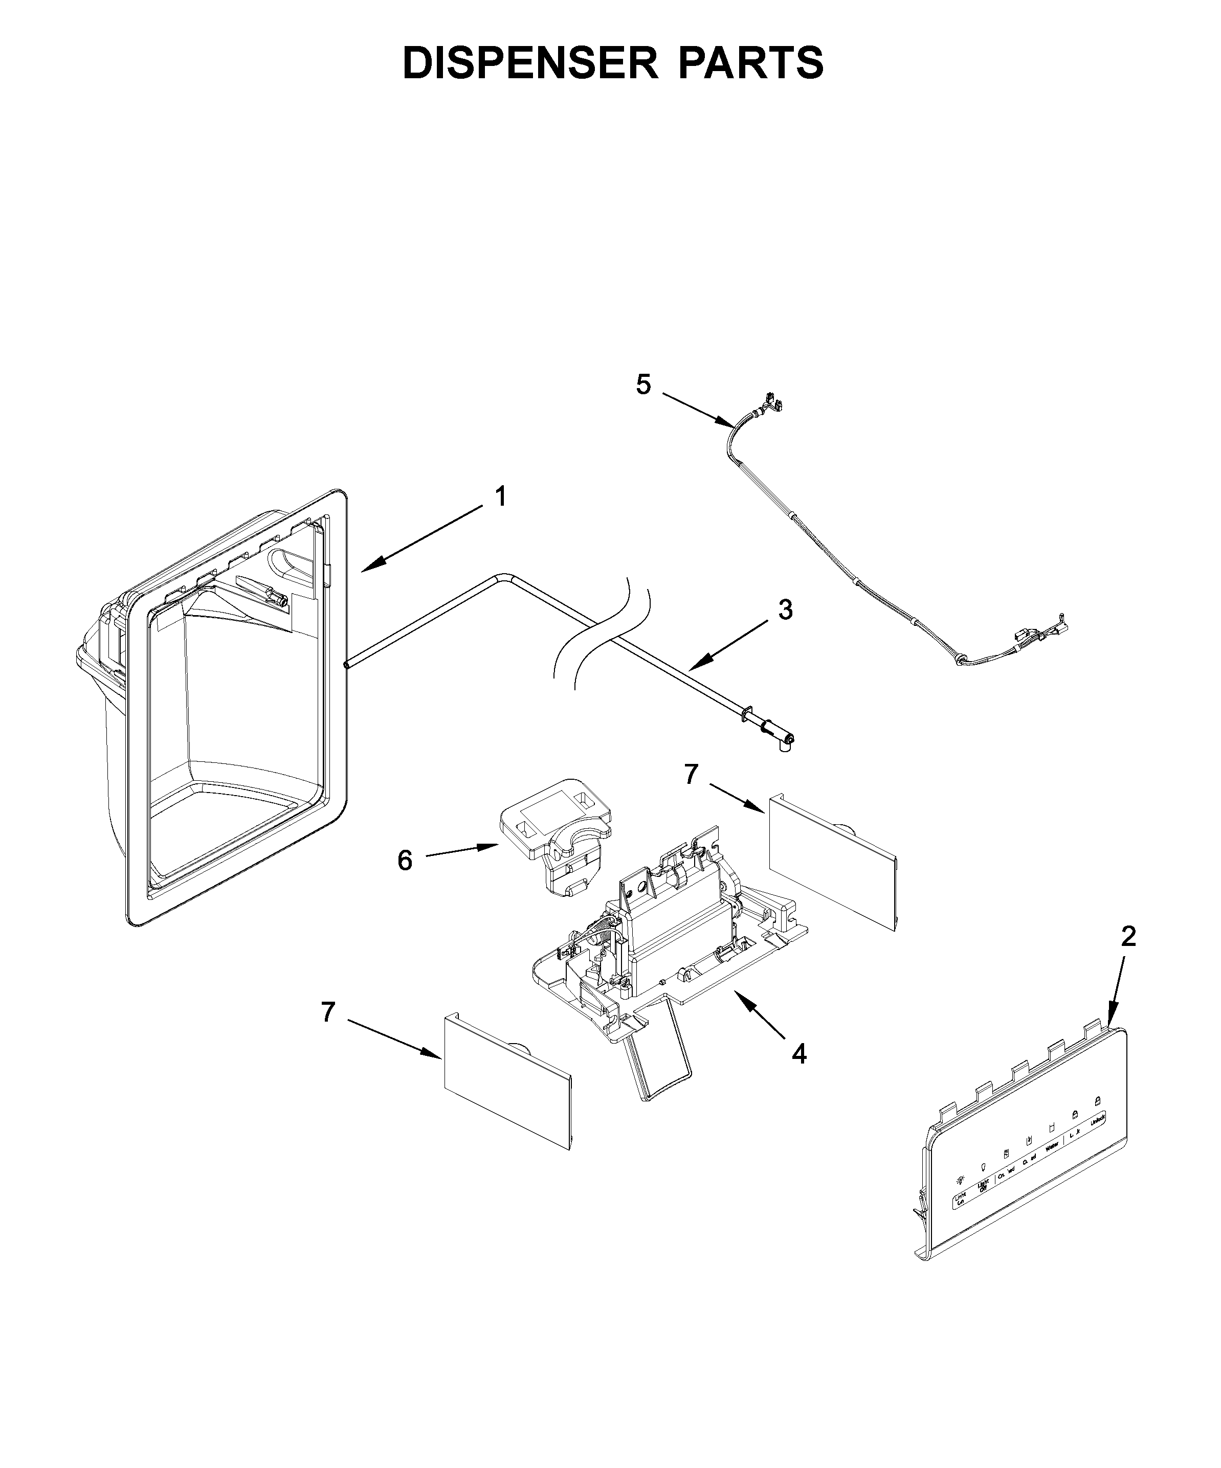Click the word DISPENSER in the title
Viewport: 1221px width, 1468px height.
(x=530, y=63)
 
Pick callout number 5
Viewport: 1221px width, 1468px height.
(x=643, y=384)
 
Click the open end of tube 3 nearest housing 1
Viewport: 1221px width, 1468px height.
(x=346, y=666)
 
